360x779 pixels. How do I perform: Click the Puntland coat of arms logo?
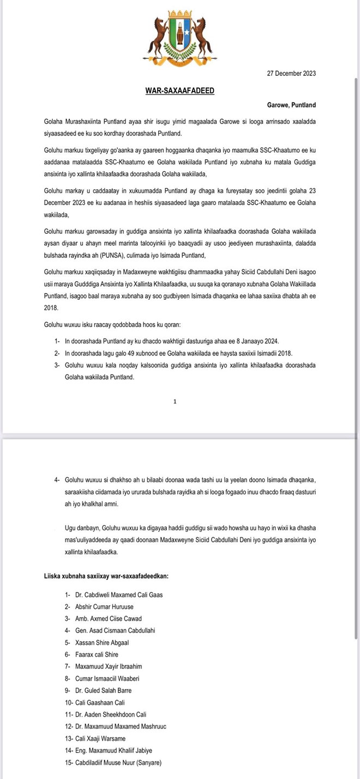179,39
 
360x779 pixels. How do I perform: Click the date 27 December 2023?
291,74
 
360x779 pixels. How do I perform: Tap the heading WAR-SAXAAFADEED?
179,90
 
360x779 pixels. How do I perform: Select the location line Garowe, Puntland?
291,105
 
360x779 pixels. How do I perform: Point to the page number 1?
175,401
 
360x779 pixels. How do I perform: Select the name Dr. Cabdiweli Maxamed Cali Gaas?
118,595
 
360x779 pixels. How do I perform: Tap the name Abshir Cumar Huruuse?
104,607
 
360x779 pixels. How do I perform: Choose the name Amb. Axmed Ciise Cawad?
108,619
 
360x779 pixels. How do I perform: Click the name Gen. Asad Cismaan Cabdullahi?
115,631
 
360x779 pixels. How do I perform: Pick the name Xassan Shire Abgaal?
102,643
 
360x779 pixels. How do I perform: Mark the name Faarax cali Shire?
97,655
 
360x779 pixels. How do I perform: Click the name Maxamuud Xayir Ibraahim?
108,667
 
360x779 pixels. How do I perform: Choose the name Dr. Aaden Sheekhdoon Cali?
111,715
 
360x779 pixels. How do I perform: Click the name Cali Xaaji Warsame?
100,739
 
